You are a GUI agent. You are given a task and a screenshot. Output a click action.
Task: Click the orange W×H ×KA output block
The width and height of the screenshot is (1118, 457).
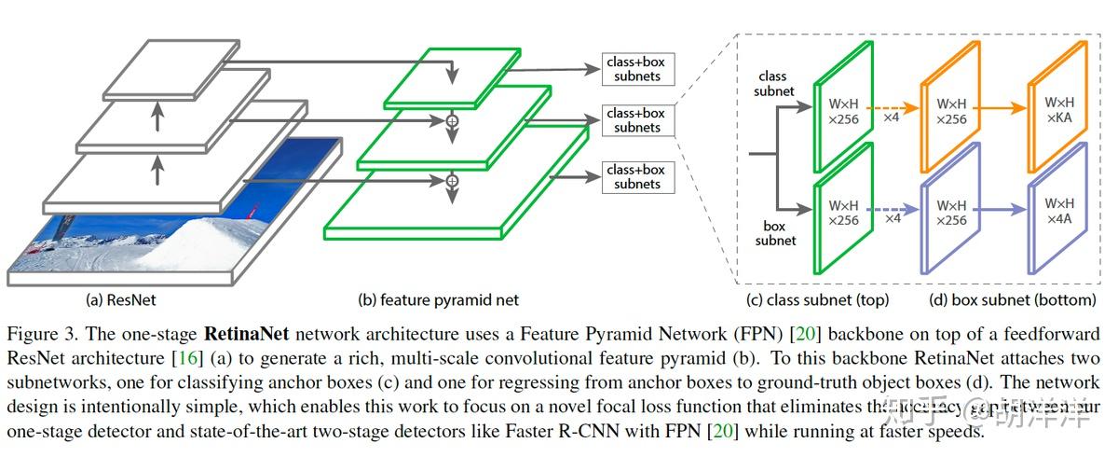coord(1058,109)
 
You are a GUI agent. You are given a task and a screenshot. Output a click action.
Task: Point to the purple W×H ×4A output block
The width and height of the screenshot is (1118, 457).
coord(1058,212)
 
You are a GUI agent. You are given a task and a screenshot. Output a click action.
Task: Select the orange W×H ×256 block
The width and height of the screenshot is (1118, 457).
coord(951,111)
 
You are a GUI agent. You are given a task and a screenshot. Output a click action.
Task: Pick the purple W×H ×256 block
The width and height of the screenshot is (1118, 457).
coord(951,214)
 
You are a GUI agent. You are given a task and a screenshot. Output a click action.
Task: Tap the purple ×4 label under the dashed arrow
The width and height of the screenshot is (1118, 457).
coord(892,218)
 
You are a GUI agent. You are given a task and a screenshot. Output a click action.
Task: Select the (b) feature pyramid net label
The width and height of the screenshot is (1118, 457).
coord(438,300)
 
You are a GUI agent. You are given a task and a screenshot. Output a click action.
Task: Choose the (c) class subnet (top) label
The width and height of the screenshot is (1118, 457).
coord(817,300)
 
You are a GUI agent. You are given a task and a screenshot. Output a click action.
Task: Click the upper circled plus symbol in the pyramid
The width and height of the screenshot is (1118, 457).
coord(453,121)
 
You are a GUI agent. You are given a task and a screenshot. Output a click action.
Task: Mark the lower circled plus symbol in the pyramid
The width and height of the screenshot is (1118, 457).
coord(453,180)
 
